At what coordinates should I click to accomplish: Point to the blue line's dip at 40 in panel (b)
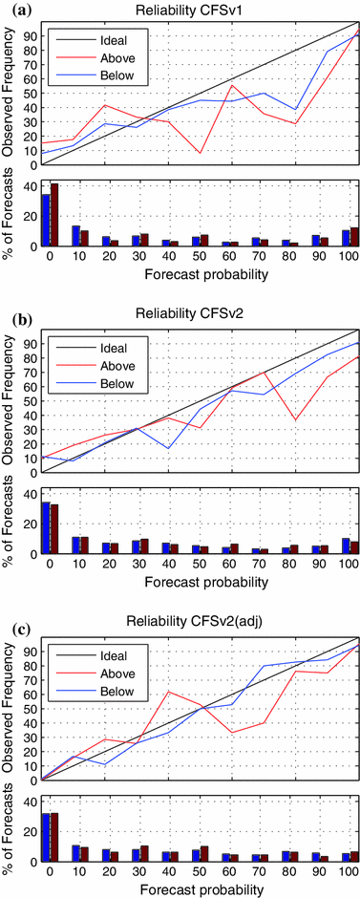pos(169,448)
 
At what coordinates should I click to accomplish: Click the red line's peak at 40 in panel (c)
pos(169,692)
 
